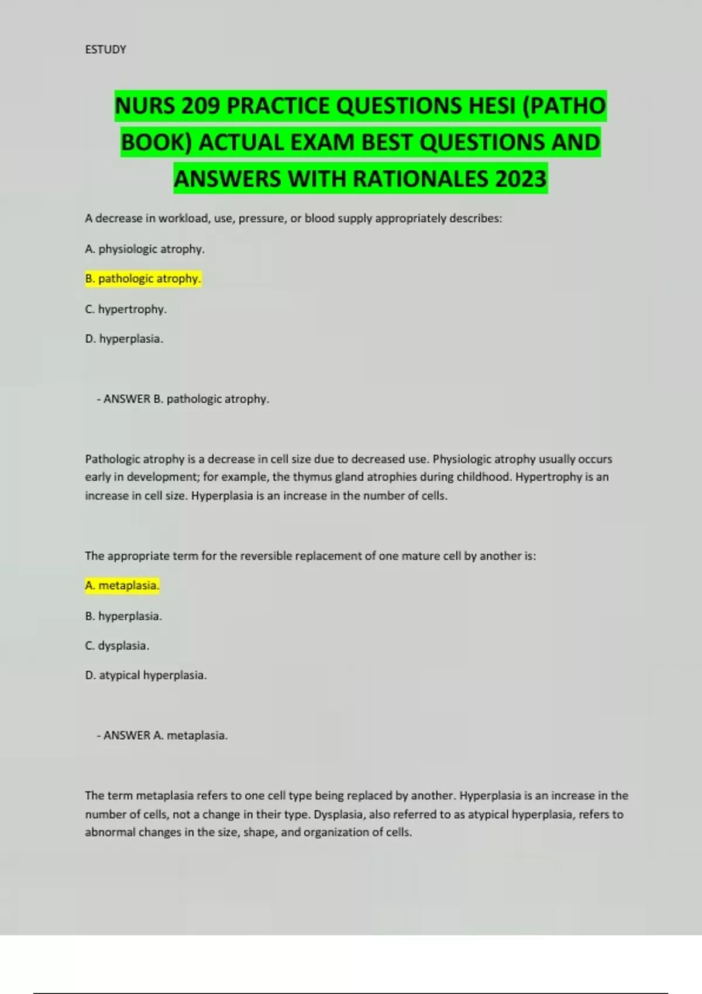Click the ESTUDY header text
105,50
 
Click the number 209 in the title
201,106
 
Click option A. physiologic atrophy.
144,249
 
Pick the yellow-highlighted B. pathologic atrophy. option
143,279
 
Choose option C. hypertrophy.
126,309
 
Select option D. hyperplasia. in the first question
124,339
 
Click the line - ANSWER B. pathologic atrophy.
183,399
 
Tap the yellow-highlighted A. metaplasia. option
122,586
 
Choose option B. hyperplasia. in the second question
123,616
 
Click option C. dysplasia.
117,646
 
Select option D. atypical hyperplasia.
146,676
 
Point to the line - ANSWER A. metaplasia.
162,736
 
